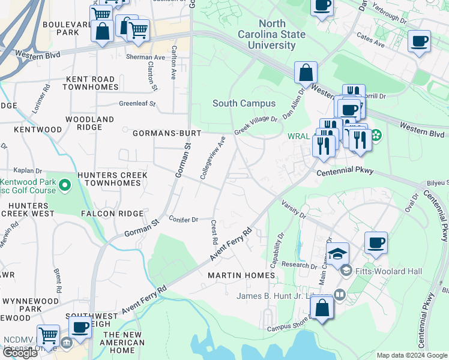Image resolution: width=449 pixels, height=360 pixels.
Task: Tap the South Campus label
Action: point(244,103)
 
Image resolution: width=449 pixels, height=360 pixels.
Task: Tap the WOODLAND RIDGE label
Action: point(89,124)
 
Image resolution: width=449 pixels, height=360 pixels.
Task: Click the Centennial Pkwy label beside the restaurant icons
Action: point(345,171)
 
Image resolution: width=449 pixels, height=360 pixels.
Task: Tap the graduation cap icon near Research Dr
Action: point(337,253)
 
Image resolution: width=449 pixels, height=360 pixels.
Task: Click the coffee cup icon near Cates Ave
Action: point(419,41)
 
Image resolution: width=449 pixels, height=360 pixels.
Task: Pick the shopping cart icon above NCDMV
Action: point(48,335)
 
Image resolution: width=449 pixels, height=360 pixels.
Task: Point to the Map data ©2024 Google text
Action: point(411,355)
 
